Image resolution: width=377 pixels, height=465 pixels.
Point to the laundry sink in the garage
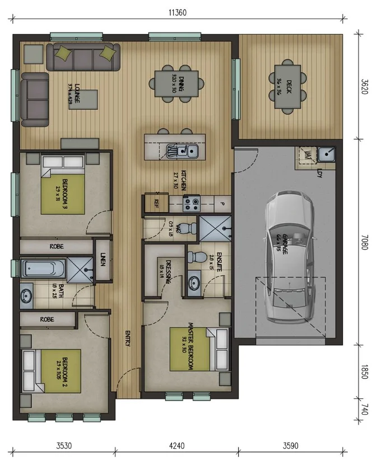325,153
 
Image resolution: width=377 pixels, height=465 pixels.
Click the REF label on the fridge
150,203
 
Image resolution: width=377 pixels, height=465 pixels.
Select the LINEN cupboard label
102,260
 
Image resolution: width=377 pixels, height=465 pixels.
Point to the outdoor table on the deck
290,87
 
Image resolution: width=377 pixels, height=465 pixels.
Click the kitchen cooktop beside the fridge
192,203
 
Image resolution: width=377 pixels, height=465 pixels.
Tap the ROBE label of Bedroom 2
47,319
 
